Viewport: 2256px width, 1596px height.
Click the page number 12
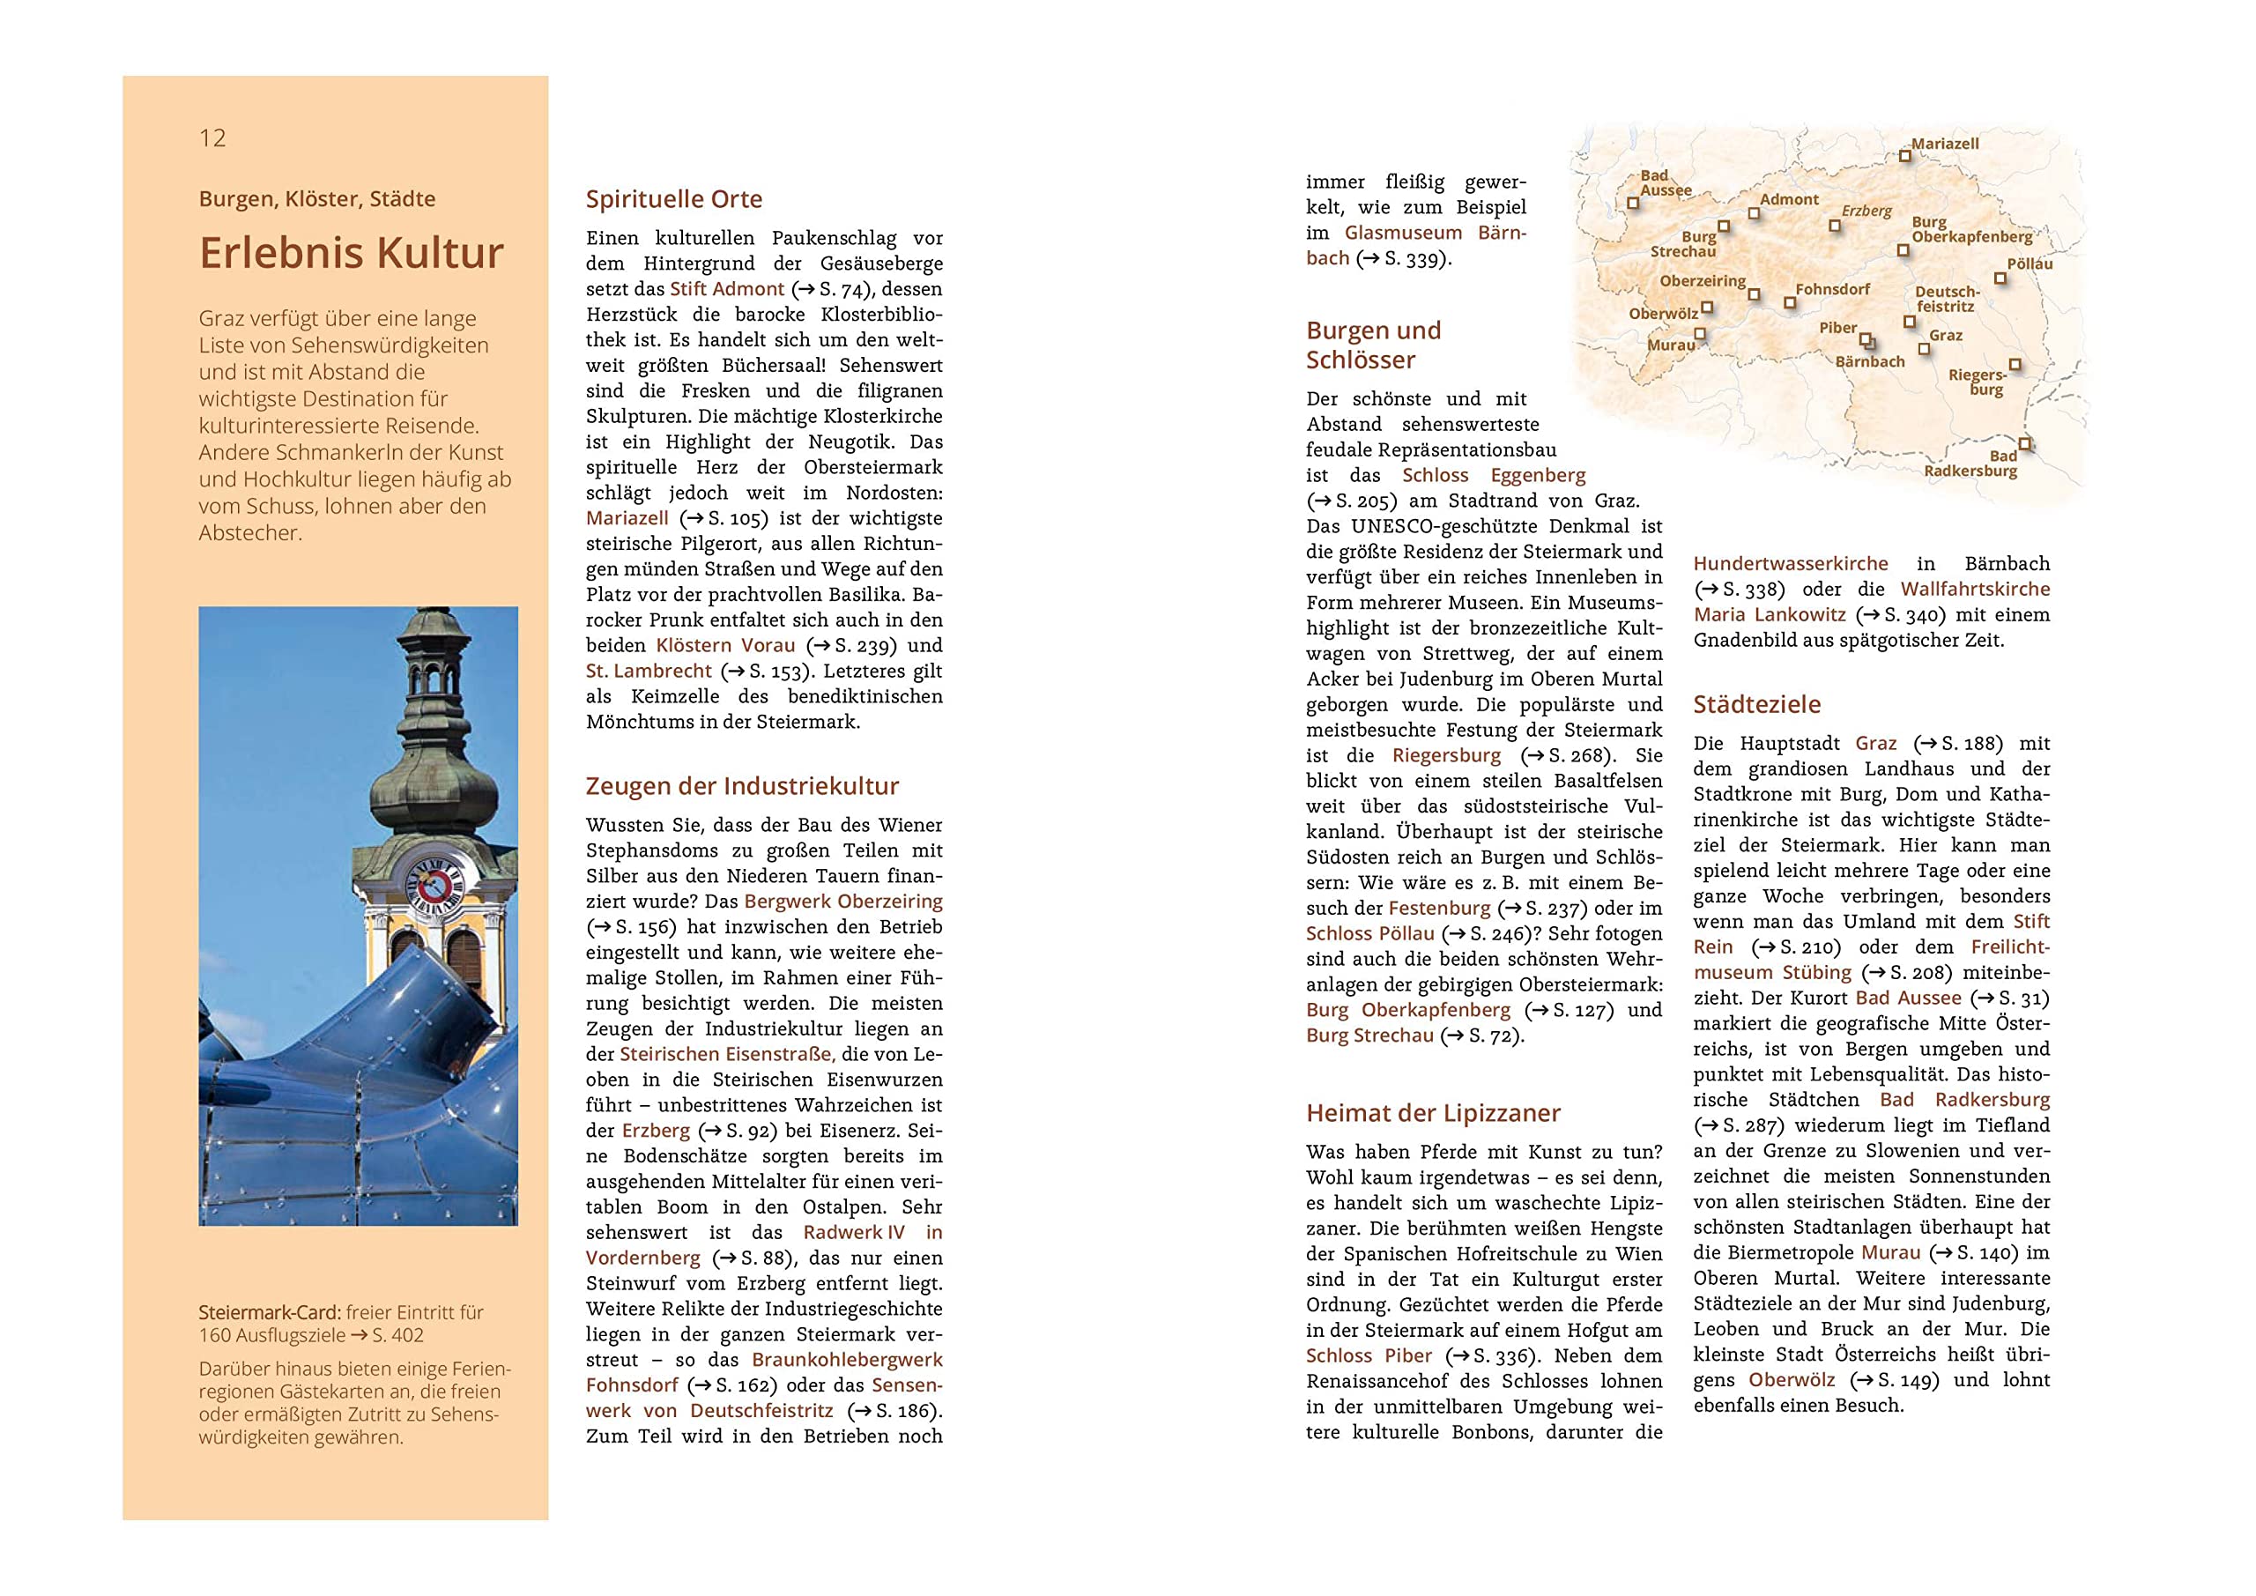(212, 138)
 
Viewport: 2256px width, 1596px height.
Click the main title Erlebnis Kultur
(351, 253)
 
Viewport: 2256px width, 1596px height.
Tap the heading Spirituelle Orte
(673, 199)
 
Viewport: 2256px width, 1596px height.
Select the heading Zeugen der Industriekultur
(742, 786)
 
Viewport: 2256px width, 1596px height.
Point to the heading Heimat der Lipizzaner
(1433, 1113)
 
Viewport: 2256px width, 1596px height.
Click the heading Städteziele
(1757, 705)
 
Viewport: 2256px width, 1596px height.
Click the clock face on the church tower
(434, 881)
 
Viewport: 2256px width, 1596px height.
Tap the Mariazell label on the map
(1945, 145)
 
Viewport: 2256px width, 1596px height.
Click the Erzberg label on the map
(1866, 212)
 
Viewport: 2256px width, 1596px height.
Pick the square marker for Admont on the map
(1754, 213)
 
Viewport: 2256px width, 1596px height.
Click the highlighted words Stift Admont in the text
(727, 289)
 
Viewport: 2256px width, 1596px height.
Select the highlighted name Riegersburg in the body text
(1446, 756)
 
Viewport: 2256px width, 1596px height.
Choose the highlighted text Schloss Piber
(1369, 1356)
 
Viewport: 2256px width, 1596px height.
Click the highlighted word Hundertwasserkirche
(1790, 564)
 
